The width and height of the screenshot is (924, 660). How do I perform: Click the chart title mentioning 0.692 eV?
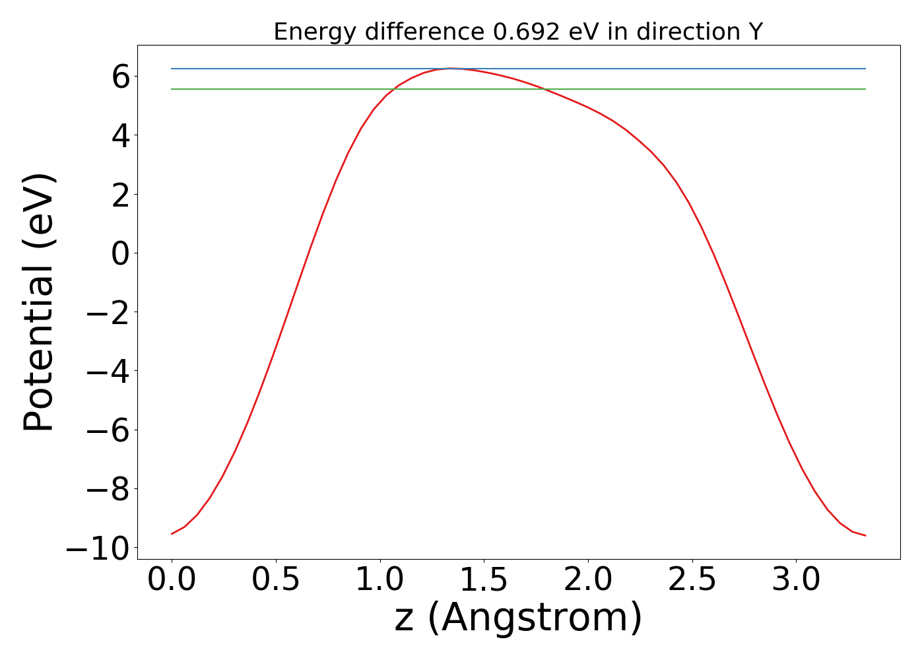click(x=518, y=32)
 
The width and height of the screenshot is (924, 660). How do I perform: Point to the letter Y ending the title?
click(x=756, y=32)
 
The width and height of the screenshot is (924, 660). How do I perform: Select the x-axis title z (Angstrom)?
click(x=518, y=618)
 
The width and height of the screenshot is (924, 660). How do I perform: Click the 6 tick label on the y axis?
click(x=120, y=77)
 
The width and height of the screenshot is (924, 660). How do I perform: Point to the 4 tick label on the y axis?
click(x=120, y=136)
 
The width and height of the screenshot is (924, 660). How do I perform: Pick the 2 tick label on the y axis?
click(x=120, y=195)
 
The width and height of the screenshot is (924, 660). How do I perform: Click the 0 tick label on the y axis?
click(x=120, y=253)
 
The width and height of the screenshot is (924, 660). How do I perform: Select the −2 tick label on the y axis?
click(x=109, y=313)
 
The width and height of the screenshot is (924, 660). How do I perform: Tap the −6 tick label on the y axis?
click(x=109, y=430)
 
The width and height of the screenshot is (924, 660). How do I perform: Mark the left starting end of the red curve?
click(x=172, y=534)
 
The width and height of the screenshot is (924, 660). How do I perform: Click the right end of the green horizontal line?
click(x=865, y=89)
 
